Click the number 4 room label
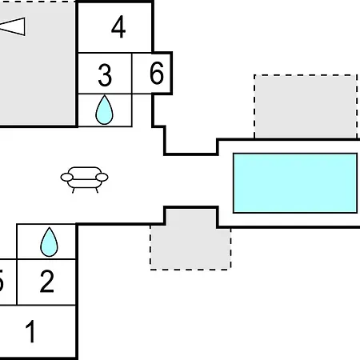point(118,26)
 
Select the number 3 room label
point(105,75)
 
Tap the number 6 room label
point(157,73)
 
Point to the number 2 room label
point(47,282)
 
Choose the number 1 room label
point(30,331)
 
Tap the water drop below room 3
point(104,110)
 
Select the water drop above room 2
point(49,242)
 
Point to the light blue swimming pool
point(295,183)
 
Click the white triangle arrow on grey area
point(13,26)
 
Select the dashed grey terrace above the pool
point(306,106)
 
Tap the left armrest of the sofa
point(66,177)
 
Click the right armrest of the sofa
point(102,177)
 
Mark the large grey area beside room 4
point(37,63)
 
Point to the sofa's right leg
point(97,190)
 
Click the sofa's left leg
point(74,190)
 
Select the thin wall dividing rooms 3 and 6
point(132,74)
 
